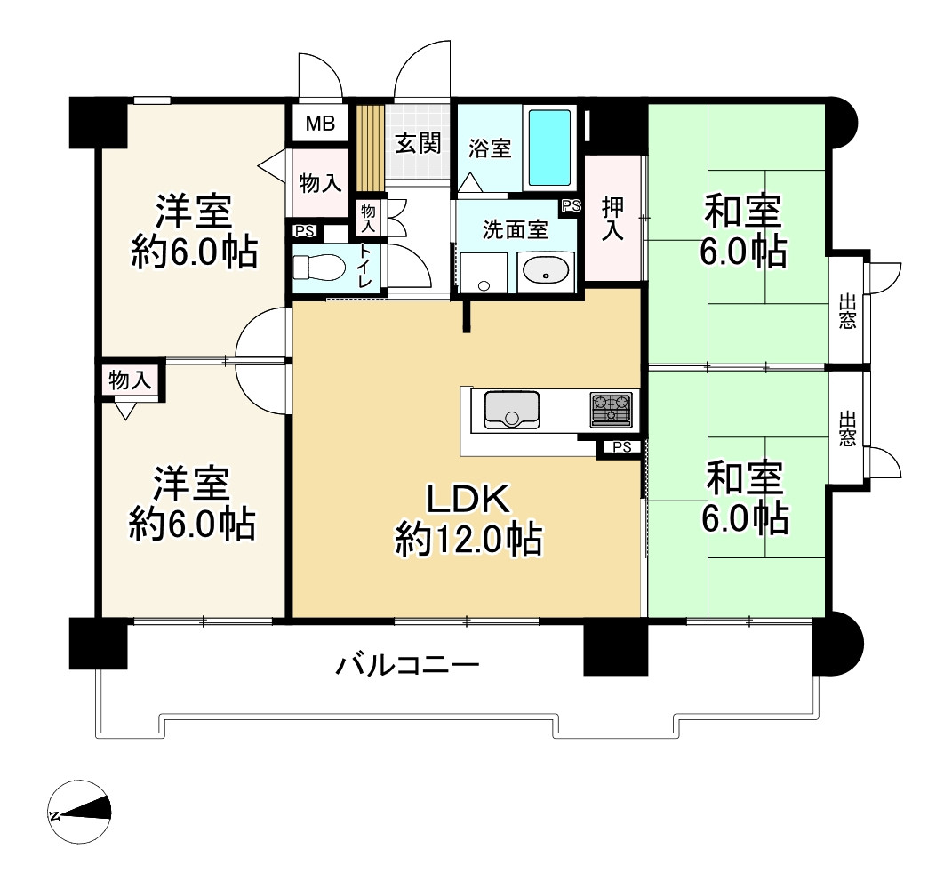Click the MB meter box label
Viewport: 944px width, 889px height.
(x=320, y=124)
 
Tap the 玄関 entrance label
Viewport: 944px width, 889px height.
(x=418, y=143)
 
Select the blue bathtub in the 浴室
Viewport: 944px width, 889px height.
(x=549, y=148)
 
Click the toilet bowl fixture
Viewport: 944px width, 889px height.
(x=318, y=267)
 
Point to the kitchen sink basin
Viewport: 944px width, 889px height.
(x=512, y=409)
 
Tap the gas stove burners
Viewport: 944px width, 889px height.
(x=611, y=410)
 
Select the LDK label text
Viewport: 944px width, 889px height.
(x=469, y=498)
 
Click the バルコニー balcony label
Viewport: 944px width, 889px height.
(x=407, y=666)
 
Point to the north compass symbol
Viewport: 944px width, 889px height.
(x=79, y=812)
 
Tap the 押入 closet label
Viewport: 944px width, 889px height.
(x=612, y=219)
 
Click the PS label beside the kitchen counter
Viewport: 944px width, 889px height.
(x=622, y=447)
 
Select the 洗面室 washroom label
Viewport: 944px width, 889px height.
(x=516, y=229)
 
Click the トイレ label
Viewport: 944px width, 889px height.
(x=365, y=266)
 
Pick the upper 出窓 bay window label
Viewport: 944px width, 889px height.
(x=847, y=311)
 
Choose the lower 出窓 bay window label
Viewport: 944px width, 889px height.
(x=847, y=428)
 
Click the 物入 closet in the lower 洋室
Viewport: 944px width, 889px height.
(x=130, y=380)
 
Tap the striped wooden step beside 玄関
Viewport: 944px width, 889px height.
(x=371, y=147)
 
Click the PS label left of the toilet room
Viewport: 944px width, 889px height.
(x=305, y=231)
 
